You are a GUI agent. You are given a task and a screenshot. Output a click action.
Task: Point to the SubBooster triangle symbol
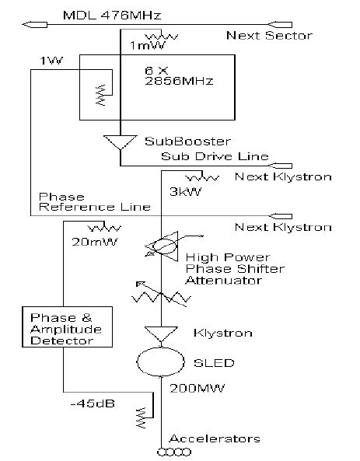[121, 142]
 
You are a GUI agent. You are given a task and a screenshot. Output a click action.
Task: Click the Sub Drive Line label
[215, 156]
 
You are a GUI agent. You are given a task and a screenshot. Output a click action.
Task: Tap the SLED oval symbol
[159, 363]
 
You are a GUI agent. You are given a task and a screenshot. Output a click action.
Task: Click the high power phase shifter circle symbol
[159, 246]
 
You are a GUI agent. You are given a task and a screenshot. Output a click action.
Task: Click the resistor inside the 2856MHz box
[99, 96]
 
